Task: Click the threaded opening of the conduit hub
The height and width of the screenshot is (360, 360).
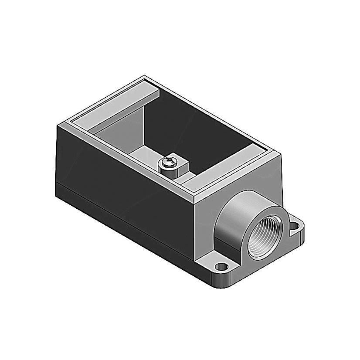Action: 264,241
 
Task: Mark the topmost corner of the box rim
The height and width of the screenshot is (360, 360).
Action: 144,77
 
